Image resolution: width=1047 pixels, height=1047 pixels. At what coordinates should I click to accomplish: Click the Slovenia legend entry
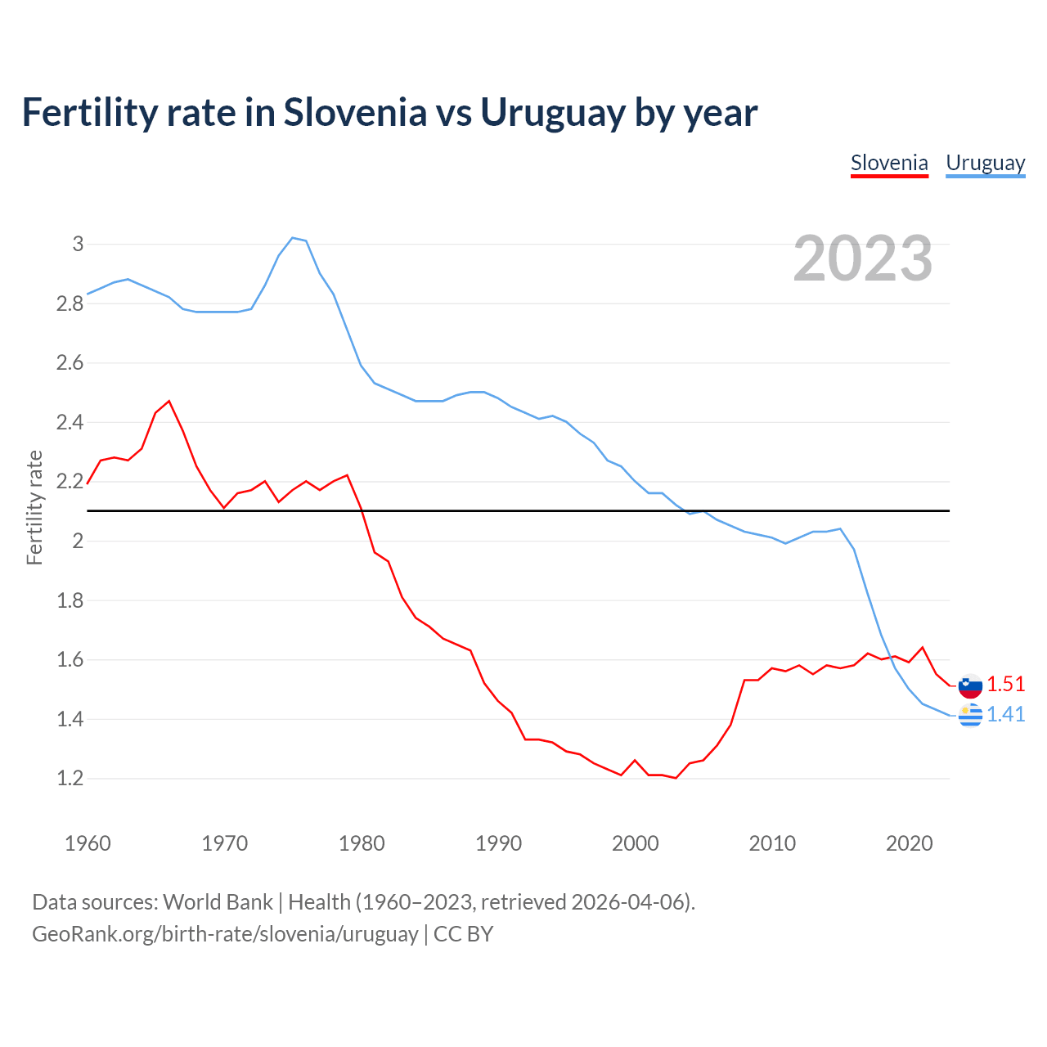[889, 163]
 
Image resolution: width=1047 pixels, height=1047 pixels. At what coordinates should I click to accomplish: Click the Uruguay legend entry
[985, 163]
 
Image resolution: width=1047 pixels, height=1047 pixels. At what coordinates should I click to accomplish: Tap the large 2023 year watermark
[863, 258]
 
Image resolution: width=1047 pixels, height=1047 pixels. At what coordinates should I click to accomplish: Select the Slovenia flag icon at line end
[970, 685]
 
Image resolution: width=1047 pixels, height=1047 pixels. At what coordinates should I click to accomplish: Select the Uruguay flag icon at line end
[970, 715]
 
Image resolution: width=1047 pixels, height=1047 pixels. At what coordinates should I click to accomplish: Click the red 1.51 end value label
[1005, 684]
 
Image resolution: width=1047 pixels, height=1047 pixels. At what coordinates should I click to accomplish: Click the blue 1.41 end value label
[1005, 714]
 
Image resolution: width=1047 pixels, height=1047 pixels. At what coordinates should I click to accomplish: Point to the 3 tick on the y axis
[79, 244]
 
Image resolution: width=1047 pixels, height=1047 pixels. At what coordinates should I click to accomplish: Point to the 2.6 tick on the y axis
[70, 362]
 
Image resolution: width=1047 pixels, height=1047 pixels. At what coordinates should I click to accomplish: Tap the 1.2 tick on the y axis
[70, 778]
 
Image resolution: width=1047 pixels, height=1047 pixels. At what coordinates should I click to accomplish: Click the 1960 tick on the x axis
[88, 843]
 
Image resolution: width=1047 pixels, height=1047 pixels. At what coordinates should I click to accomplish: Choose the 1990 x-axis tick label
[498, 843]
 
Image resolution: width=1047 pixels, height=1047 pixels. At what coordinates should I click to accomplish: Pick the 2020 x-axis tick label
[909, 843]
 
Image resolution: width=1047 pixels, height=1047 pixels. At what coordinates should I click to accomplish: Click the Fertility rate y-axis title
[34, 507]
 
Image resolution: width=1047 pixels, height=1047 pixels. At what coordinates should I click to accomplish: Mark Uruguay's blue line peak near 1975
[293, 238]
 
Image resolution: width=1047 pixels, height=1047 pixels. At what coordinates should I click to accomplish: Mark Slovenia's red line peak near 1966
[169, 401]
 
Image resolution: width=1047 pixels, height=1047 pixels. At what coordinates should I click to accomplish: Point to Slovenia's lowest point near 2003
[676, 778]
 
